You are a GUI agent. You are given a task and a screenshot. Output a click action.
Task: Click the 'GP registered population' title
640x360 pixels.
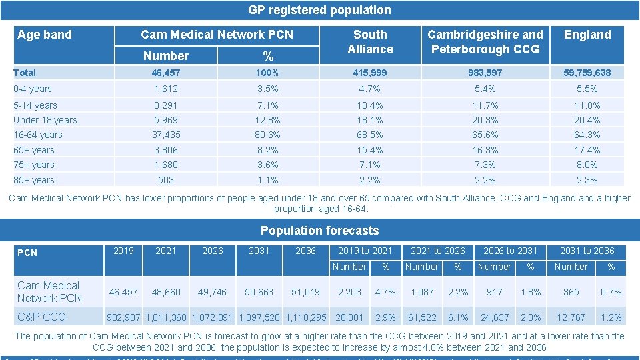point(319,10)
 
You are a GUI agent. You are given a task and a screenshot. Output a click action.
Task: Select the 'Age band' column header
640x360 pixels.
point(45,35)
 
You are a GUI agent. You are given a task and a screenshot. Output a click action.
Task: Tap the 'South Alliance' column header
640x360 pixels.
point(370,42)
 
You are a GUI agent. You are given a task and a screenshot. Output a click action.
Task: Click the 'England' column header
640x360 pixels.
point(587,35)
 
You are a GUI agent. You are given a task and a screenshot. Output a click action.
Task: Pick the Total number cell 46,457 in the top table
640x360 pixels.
point(165,73)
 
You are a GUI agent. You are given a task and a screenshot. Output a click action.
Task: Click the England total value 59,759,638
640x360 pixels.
point(587,73)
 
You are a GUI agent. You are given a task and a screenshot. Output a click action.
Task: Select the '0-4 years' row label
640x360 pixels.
point(33,89)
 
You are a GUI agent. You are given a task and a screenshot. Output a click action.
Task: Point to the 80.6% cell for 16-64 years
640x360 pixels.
point(269,135)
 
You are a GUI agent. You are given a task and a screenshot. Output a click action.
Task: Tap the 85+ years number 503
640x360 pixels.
point(165,180)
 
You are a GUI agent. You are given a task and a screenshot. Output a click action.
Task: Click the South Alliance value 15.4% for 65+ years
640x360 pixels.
point(370,150)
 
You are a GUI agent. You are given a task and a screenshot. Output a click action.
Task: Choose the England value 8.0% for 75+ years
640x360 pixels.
point(587,165)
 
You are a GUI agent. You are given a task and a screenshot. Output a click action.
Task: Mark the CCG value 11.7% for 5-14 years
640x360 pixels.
point(485,105)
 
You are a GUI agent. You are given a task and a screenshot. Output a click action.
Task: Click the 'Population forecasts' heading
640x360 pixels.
point(319,231)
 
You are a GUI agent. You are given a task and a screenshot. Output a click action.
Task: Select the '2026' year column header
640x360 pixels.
point(213,251)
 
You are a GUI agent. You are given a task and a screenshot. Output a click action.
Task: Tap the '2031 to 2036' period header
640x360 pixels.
point(587,251)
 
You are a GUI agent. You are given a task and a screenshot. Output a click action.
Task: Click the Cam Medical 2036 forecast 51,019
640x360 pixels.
point(306,292)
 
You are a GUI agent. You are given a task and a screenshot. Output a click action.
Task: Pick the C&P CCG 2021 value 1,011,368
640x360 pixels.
point(166,317)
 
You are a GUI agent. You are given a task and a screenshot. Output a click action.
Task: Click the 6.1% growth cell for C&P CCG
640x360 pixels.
point(458,317)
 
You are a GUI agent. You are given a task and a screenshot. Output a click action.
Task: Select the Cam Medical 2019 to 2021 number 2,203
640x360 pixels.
point(349,292)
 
